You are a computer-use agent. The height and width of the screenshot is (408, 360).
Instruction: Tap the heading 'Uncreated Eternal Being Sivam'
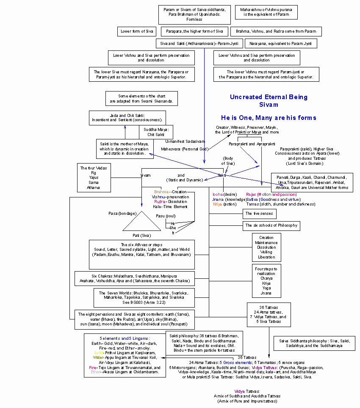tap(269, 101)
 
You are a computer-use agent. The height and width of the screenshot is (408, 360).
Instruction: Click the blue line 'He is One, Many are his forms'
tap(269, 117)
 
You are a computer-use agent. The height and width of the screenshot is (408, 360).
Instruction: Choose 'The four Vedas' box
tap(94, 178)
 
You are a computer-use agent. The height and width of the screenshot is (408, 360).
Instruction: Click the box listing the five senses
tap(260, 214)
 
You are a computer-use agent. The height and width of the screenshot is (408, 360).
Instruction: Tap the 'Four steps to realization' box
tap(266, 281)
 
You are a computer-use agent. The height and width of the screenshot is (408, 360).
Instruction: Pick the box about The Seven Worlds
tap(144, 298)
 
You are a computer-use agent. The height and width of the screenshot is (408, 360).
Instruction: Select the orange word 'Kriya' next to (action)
tap(218, 204)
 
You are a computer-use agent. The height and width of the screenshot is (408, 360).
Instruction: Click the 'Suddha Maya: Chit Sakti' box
tap(156, 132)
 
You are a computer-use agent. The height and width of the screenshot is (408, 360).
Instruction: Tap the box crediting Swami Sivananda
tap(141, 98)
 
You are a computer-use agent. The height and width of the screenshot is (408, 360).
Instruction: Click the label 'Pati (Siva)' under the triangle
tap(142, 235)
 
